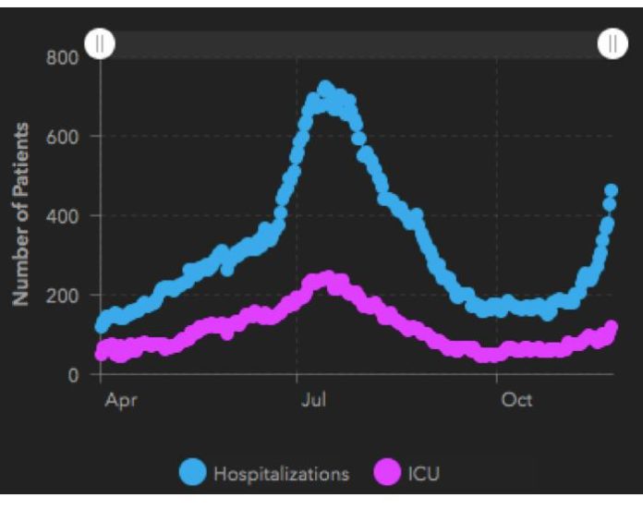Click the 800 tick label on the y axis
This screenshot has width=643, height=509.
click(x=67, y=56)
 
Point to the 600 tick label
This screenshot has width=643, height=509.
click(x=67, y=136)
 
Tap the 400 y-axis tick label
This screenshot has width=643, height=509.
click(x=67, y=215)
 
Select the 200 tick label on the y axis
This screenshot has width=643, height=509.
click(x=67, y=295)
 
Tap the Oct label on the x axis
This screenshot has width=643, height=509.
click(x=516, y=401)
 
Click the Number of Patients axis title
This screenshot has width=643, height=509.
click(x=21, y=214)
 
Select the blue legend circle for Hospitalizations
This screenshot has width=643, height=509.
click(x=193, y=474)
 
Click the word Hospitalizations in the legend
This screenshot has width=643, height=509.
click(x=281, y=475)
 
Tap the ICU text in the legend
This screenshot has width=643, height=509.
click(x=425, y=475)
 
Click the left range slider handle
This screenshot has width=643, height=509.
click(x=100, y=43)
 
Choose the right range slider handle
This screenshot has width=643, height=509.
click(x=613, y=43)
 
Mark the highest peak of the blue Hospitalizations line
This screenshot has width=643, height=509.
click(x=324, y=89)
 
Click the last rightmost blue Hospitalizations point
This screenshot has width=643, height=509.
click(x=611, y=191)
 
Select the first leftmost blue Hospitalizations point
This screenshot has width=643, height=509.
click(x=103, y=325)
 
